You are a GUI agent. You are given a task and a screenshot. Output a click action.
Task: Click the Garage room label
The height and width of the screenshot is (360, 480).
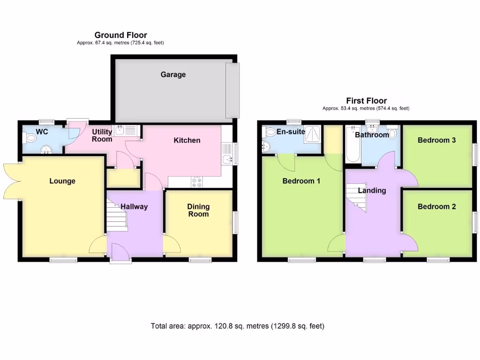(x=173, y=75)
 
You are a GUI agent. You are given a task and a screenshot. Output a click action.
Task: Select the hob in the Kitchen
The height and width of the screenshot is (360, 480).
(x=197, y=183)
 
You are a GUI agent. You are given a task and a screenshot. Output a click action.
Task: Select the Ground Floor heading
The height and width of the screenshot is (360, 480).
(x=120, y=35)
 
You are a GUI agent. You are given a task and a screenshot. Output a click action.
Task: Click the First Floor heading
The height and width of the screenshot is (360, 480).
(x=366, y=101)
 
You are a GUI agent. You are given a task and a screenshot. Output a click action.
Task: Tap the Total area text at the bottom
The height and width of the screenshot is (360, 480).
(x=237, y=326)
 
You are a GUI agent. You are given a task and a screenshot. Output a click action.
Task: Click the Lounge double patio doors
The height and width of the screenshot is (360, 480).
(x=11, y=181)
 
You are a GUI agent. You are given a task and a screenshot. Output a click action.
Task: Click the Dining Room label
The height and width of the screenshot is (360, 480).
(x=198, y=210)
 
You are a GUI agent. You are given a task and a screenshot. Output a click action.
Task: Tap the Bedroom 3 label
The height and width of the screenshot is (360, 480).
(x=436, y=140)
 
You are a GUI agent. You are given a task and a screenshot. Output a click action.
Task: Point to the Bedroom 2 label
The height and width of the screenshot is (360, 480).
(x=436, y=206)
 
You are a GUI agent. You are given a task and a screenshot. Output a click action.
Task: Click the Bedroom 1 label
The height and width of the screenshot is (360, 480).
(x=301, y=181)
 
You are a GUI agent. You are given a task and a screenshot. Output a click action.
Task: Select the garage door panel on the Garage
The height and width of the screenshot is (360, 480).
(x=232, y=90)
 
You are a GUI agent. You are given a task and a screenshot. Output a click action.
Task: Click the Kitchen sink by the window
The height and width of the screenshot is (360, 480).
(x=229, y=159)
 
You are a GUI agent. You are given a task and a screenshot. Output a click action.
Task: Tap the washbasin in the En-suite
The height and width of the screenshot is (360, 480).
(x=266, y=146)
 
